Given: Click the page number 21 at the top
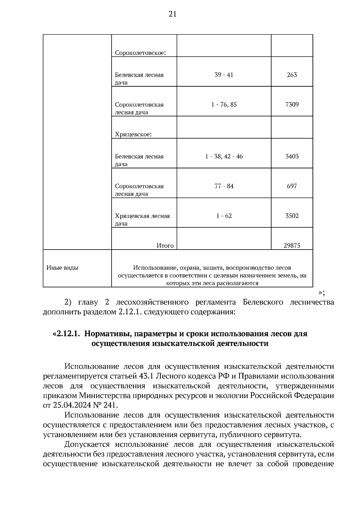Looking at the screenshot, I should pos(172,14).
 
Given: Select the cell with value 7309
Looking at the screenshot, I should pos(292,104).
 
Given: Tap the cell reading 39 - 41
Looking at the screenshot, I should pos(224,75).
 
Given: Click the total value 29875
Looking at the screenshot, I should pos(292,246).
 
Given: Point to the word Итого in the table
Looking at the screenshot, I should pos(165,246).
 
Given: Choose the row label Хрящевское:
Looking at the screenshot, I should pos(133,134).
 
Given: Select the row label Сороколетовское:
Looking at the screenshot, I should pos(140,53).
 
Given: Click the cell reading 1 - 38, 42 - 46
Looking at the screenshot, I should pos(224,156).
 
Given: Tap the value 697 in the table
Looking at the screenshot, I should pos(292,186).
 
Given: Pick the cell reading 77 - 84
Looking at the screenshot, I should pos(224,186).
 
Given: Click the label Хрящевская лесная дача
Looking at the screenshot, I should pos(142,219).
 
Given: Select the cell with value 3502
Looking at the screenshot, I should pos(292,216).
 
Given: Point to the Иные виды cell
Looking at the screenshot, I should pos(62,268).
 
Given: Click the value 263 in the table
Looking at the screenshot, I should pos(292,75).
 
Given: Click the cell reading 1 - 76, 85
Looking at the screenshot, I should pos(224,104).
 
